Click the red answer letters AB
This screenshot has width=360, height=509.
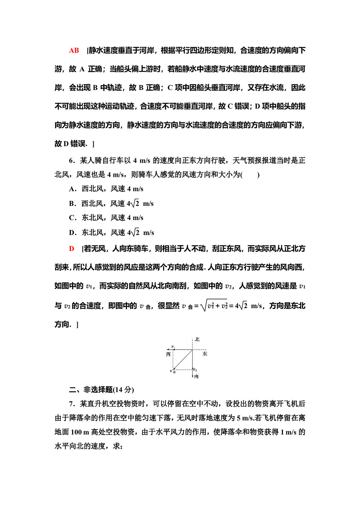[74, 50]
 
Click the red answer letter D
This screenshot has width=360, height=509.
[72, 249]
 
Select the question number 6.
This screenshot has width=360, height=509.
[72, 161]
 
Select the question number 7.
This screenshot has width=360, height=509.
[72, 404]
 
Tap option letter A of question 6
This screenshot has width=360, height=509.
[72, 189]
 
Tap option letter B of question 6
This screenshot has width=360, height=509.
[72, 204]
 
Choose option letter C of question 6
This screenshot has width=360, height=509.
[72, 218]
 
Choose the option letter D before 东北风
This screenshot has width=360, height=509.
[72, 233]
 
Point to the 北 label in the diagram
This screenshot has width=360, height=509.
[197, 339]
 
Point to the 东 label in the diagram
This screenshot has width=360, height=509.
[205, 354]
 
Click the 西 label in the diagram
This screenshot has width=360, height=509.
[168, 354]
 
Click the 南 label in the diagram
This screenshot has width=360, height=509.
[196, 376]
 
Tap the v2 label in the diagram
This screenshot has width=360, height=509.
[195, 370]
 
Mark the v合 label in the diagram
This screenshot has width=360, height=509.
[173, 371]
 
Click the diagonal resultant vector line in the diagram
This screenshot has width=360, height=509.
[183, 359]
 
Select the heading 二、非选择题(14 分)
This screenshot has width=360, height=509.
[102, 389]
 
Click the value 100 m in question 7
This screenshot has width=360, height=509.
[80, 432]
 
